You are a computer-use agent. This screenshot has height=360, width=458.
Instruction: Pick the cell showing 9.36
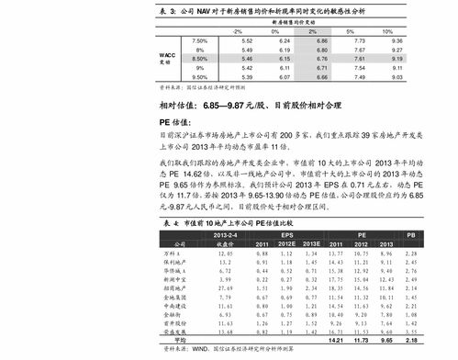(x=397, y=42)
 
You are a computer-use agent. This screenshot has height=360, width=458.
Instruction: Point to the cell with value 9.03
(x=397, y=77)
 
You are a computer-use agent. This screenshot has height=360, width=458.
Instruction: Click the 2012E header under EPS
(x=286, y=244)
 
